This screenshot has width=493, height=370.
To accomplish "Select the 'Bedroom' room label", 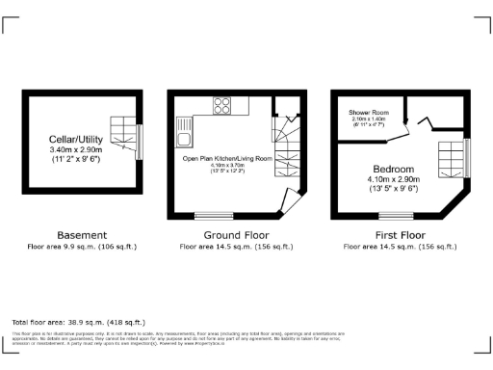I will pyautogui.click(x=395, y=168).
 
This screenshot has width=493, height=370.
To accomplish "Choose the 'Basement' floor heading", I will pyautogui.click(x=82, y=234).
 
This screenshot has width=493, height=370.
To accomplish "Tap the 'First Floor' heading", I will pyautogui.click(x=400, y=234).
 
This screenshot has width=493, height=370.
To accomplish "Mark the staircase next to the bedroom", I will pyautogui.click(x=452, y=156).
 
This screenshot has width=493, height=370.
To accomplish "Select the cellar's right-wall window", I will pyautogui.click(x=141, y=142).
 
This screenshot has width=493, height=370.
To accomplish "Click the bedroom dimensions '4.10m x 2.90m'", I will pyautogui.click(x=395, y=179).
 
